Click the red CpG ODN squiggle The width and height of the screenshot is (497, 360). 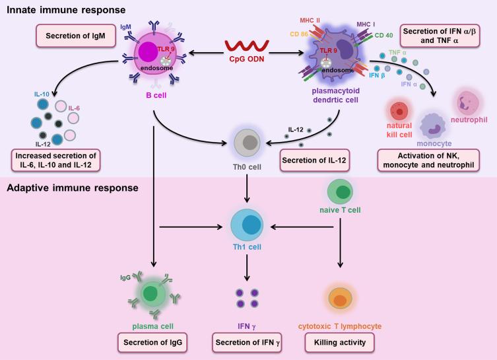[247, 46]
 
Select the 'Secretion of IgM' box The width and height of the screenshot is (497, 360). [75, 36]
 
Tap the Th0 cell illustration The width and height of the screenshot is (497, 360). [247, 143]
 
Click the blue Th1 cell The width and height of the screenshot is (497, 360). [247, 225]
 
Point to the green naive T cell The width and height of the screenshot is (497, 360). [340, 192]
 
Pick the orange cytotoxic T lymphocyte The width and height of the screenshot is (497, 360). [340, 298]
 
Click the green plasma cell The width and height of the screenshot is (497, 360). [152, 294]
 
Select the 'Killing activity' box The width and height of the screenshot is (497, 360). [340, 343]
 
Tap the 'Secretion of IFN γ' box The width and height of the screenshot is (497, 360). [248, 343]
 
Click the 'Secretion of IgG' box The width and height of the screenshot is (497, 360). [152, 343]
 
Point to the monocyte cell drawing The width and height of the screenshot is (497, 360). [433, 126]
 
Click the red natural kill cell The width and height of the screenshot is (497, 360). [399, 112]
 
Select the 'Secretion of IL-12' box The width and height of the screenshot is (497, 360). [314, 160]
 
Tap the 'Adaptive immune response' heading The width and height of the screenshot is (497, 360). [73, 188]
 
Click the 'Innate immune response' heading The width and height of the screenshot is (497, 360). [66, 10]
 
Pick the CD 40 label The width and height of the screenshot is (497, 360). [384, 35]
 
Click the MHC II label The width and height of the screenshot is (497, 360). [310, 20]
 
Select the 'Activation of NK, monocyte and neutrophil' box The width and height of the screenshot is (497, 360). [428, 160]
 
